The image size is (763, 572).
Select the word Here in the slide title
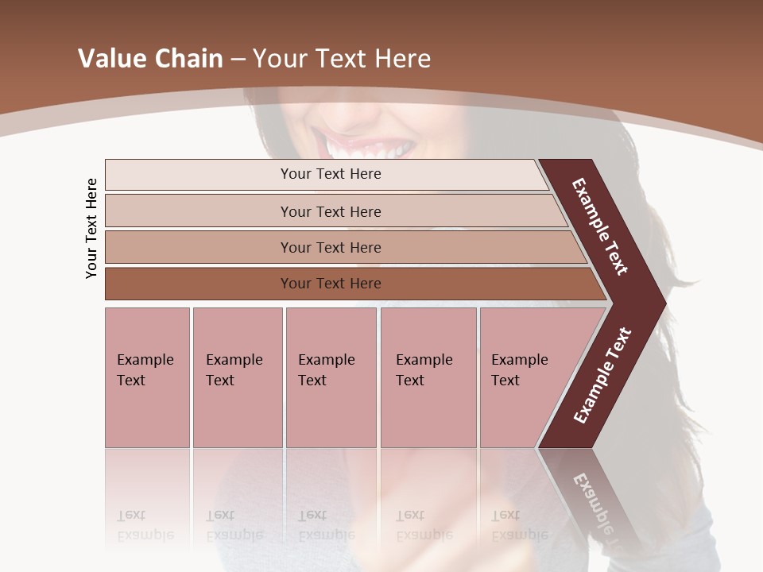402,59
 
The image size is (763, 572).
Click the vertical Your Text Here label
91,228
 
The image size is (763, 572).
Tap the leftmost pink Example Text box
147,377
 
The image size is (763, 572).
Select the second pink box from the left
237,377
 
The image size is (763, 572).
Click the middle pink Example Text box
331,377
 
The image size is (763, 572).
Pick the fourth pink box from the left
428,377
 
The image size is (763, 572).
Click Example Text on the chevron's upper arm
600,226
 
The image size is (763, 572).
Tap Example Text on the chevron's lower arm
602,376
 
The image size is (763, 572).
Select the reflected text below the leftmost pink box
145,525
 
